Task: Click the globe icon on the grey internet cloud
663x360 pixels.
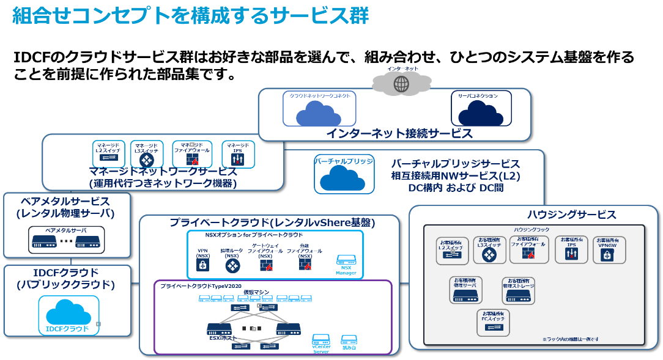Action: tap(401, 84)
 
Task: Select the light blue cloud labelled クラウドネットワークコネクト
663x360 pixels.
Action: tap(318, 112)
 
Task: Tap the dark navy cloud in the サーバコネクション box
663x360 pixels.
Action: tap(481, 112)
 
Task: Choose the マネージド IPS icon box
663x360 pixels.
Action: tap(237, 155)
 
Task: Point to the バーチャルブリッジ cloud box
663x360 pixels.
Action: tap(344, 174)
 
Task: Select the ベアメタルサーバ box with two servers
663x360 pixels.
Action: tap(66, 240)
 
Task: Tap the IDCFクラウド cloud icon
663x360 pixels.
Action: tap(68, 312)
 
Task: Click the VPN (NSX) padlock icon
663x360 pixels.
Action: tap(202, 265)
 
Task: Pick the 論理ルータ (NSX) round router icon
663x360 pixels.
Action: tap(232, 266)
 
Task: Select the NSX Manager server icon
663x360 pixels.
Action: tap(346, 261)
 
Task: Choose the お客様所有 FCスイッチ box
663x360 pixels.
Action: tap(493, 323)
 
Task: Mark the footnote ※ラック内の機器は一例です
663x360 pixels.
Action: tap(570, 339)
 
